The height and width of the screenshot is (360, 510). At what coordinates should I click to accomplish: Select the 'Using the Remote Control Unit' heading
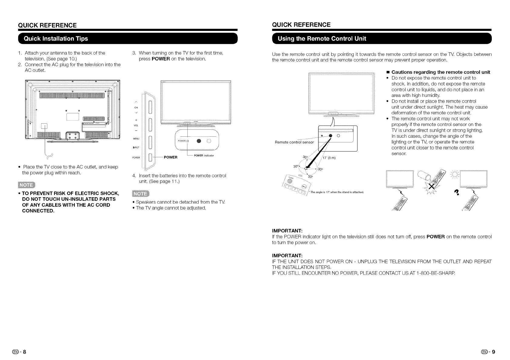tap(322, 38)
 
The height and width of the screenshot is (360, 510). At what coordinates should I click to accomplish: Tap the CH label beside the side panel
tap(136, 108)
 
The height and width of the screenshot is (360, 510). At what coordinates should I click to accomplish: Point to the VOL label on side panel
tap(136, 125)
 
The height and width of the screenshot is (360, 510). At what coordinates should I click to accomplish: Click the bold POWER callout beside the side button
tap(170, 158)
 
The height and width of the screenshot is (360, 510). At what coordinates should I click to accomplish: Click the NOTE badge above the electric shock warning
tap(27, 185)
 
